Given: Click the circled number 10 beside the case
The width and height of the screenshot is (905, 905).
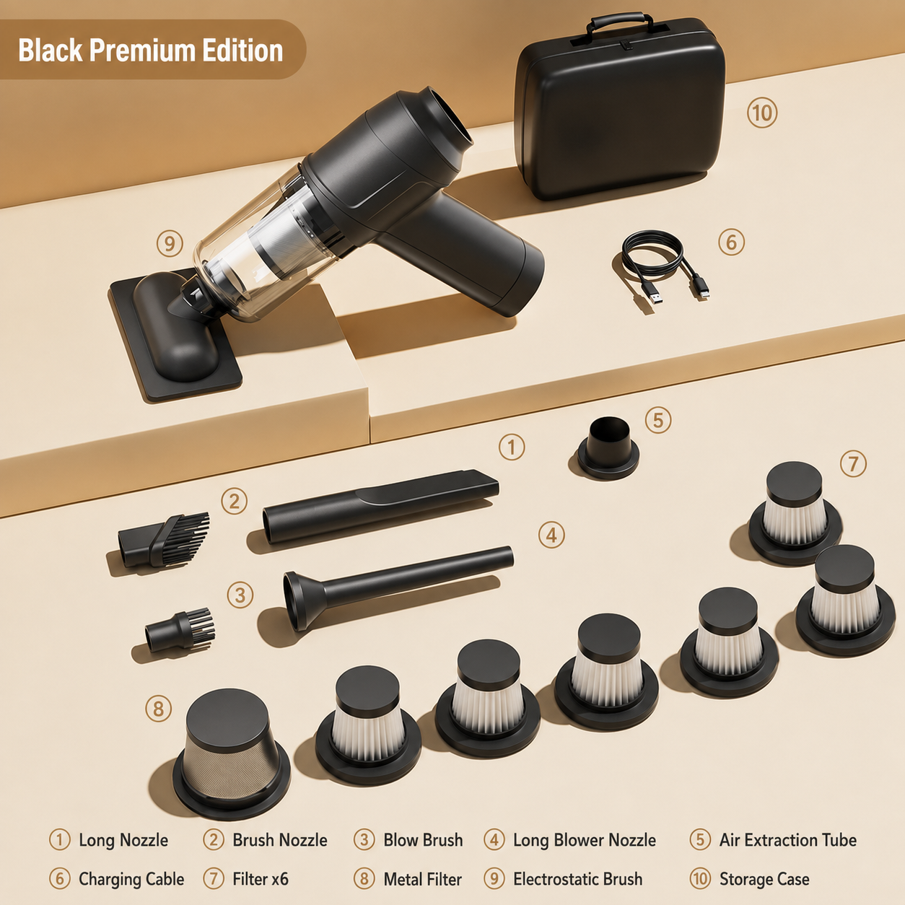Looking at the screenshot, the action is tap(762, 113).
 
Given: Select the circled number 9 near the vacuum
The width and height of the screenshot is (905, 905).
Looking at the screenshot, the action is tap(170, 243).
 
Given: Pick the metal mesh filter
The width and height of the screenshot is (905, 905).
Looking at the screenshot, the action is tap(231, 755).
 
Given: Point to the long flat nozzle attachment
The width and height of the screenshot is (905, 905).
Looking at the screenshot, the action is tap(381, 507).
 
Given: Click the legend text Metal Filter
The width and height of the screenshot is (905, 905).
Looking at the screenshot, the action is tap(423, 879).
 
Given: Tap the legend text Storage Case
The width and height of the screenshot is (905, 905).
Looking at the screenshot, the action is tap(764, 879).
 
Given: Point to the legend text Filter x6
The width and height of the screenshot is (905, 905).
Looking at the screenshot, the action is tap(261, 879).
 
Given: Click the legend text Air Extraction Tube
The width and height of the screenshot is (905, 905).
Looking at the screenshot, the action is tap(788, 840).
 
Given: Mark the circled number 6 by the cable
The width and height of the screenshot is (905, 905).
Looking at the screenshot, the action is tap(731, 242).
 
